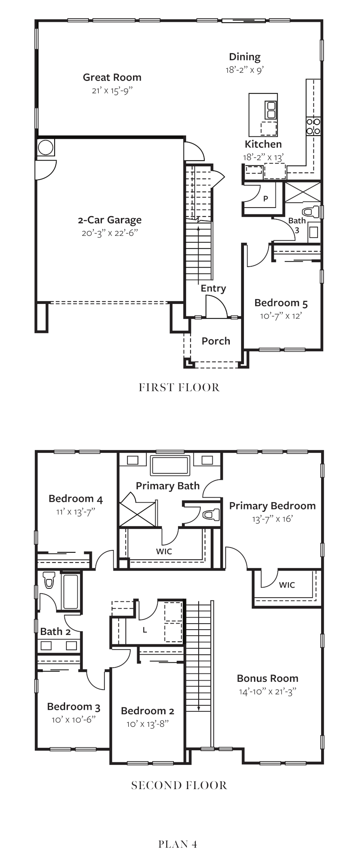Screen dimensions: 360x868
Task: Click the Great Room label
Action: click(112, 77)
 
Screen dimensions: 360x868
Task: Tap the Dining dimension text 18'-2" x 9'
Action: click(245, 70)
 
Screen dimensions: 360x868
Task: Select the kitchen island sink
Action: click(271, 110)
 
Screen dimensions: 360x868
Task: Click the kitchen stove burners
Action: click(313, 126)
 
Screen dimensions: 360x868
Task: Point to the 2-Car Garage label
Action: click(110, 220)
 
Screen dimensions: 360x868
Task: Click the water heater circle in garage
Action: click(45, 147)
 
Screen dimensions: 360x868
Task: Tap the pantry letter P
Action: click(266, 199)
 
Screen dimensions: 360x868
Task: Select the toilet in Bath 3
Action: click(311, 212)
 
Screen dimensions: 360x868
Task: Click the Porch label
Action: click(216, 341)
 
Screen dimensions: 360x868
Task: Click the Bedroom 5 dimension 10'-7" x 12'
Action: click(281, 316)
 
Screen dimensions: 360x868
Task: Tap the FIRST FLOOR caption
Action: click(179, 388)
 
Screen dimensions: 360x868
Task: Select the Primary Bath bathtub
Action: click(170, 465)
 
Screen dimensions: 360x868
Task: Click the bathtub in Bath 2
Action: click(70, 592)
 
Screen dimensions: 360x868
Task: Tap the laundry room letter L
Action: click(144, 630)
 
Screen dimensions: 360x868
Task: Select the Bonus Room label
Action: click(268, 678)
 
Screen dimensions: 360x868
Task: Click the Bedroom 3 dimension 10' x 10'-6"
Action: click(74, 720)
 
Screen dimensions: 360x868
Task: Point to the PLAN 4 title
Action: click(178, 844)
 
